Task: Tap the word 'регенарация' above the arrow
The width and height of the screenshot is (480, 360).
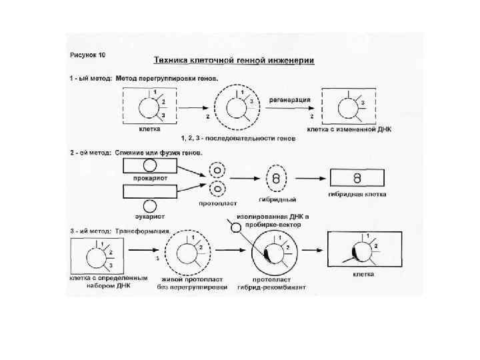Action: tap(290, 99)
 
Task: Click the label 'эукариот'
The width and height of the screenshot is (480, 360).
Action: tap(150, 216)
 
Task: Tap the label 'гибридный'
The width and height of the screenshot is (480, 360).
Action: tap(277, 199)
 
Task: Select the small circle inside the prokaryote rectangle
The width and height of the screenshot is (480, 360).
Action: tap(151, 165)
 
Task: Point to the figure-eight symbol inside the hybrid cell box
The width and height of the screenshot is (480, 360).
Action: tap(357, 178)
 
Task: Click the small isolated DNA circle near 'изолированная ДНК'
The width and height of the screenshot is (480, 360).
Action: tap(234, 228)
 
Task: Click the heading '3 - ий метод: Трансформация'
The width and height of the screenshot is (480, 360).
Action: tap(120, 231)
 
